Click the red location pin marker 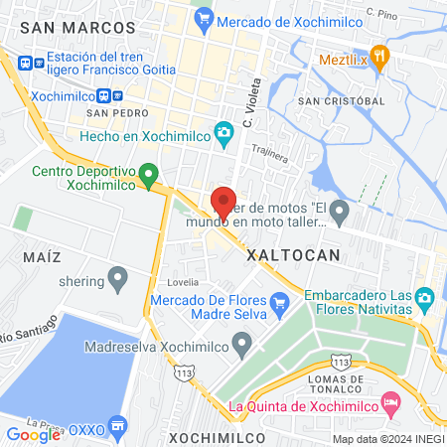(x=223, y=202)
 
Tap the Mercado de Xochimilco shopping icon (x=205, y=16)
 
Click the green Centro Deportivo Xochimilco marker (x=149, y=176)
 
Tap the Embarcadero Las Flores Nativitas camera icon (x=424, y=297)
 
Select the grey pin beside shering (x=118, y=279)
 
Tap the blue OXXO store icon (x=118, y=426)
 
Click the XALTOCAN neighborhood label (x=292, y=255)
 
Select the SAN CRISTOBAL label (x=341, y=101)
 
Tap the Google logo (x=33, y=433)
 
